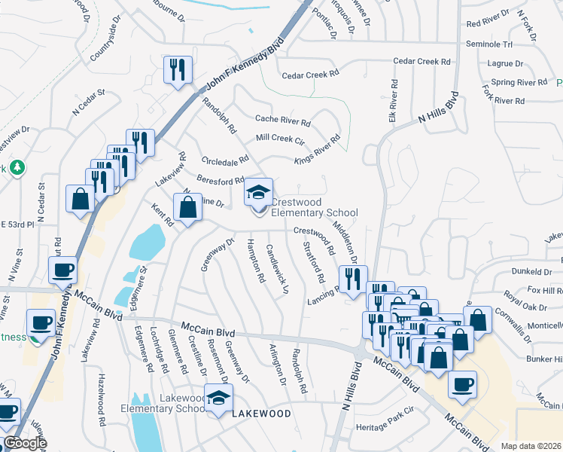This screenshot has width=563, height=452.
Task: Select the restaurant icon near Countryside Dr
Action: click(175, 71)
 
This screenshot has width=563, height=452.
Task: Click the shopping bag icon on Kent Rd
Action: click(188, 206)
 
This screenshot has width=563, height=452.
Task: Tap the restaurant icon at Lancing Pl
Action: click(352, 279)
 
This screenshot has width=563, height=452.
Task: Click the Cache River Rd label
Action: click(283, 121)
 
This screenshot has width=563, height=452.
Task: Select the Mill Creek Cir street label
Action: click(279, 139)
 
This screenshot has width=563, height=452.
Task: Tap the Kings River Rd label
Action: click(317, 148)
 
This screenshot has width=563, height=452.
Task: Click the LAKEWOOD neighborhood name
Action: click(261, 414)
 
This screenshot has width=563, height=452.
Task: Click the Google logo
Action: click(24, 443)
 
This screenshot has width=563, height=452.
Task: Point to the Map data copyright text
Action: click(531, 446)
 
